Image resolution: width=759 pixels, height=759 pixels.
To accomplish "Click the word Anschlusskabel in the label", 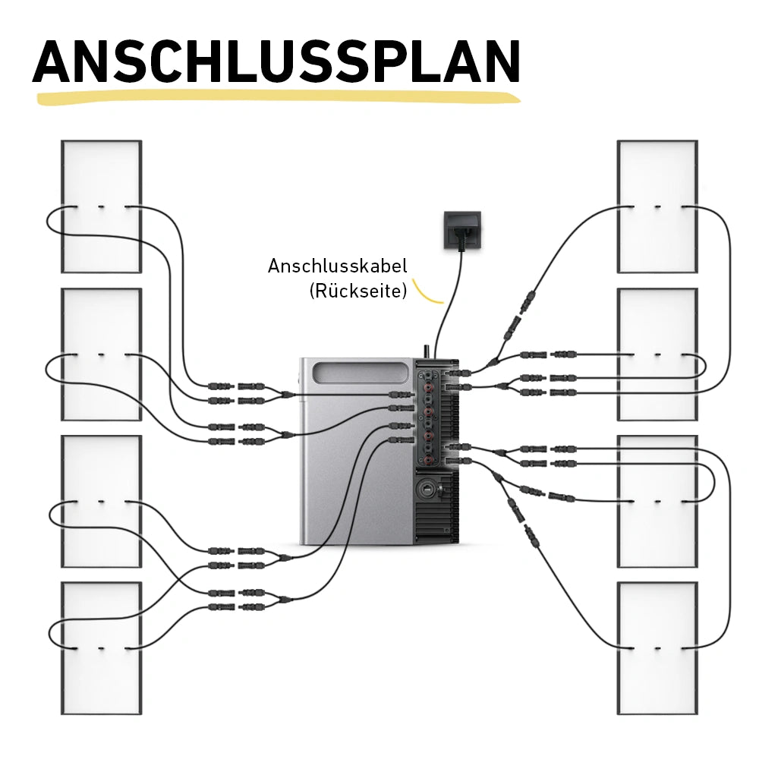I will coord(337,266).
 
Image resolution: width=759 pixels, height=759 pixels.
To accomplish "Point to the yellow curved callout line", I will coord(430,294).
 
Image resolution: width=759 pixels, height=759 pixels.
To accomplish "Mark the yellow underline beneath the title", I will coord(277,98).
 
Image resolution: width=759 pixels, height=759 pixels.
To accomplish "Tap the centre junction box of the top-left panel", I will coord(101,207).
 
